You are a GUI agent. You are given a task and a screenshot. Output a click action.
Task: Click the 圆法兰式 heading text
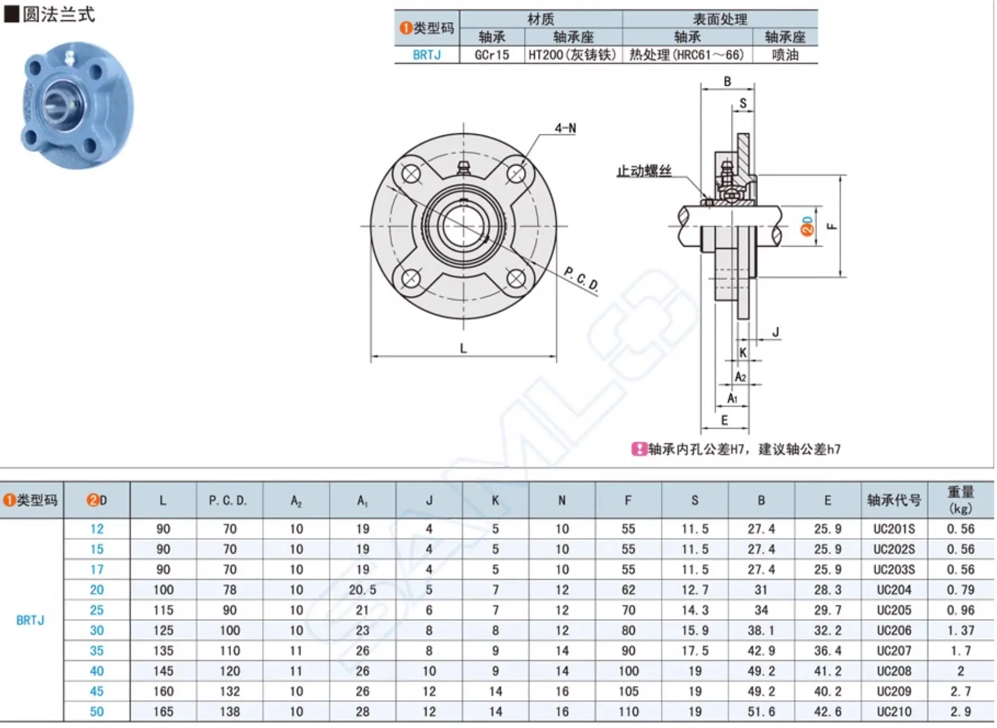pyautogui.click(x=58, y=14)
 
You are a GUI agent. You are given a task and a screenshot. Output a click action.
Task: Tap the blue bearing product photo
pyautogui.click(x=78, y=105)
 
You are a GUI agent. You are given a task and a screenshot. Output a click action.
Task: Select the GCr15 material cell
pyautogui.click(x=492, y=54)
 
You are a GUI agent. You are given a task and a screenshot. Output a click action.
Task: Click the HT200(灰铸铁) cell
pyautogui.click(x=572, y=54)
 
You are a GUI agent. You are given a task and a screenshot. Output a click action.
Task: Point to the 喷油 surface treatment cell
pyautogui.click(x=785, y=54)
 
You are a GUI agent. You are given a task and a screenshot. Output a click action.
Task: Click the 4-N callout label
pyautogui.click(x=565, y=128)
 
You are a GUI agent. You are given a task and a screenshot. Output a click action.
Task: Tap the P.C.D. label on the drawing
pyautogui.click(x=581, y=278)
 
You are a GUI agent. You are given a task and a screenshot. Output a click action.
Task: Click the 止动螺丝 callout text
pyautogui.click(x=644, y=171)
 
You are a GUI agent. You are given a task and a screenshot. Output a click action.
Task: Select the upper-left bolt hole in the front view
pyautogui.click(x=411, y=173)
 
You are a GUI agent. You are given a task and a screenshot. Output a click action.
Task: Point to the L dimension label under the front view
pyautogui.click(x=463, y=348)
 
